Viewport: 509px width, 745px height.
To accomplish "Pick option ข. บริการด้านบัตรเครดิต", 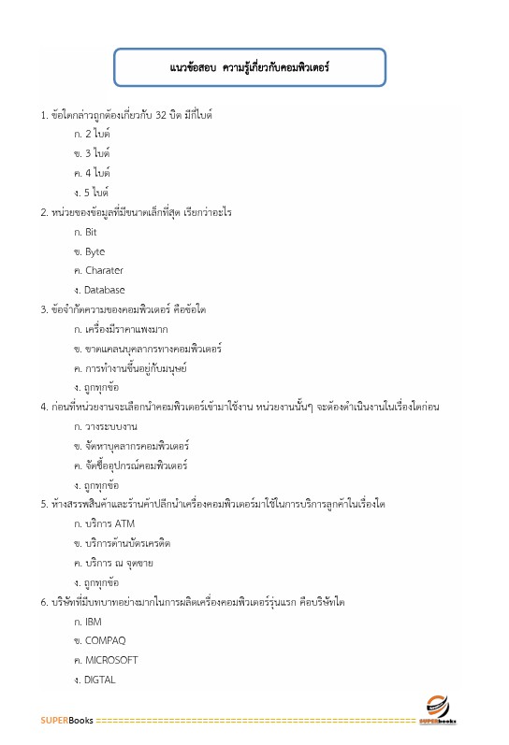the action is pyautogui.click(x=122, y=543).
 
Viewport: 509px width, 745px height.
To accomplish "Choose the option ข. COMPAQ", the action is pyautogui.click(x=99, y=640).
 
